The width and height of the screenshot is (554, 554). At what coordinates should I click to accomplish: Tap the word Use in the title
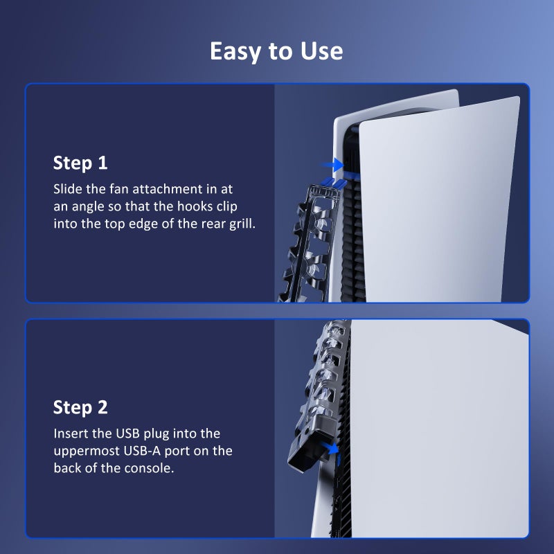[322, 51]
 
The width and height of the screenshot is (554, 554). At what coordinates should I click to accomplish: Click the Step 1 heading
[80, 163]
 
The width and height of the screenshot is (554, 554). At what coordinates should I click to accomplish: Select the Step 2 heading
[80, 407]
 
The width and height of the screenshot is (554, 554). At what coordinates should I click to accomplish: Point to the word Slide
[67, 188]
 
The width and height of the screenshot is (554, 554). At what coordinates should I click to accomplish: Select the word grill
[240, 224]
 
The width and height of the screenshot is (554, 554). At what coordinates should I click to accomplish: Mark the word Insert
[71, 434]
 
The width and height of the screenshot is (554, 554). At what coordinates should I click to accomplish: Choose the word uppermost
[88, 451]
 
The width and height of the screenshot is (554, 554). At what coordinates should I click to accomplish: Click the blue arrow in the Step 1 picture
[334, 165]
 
